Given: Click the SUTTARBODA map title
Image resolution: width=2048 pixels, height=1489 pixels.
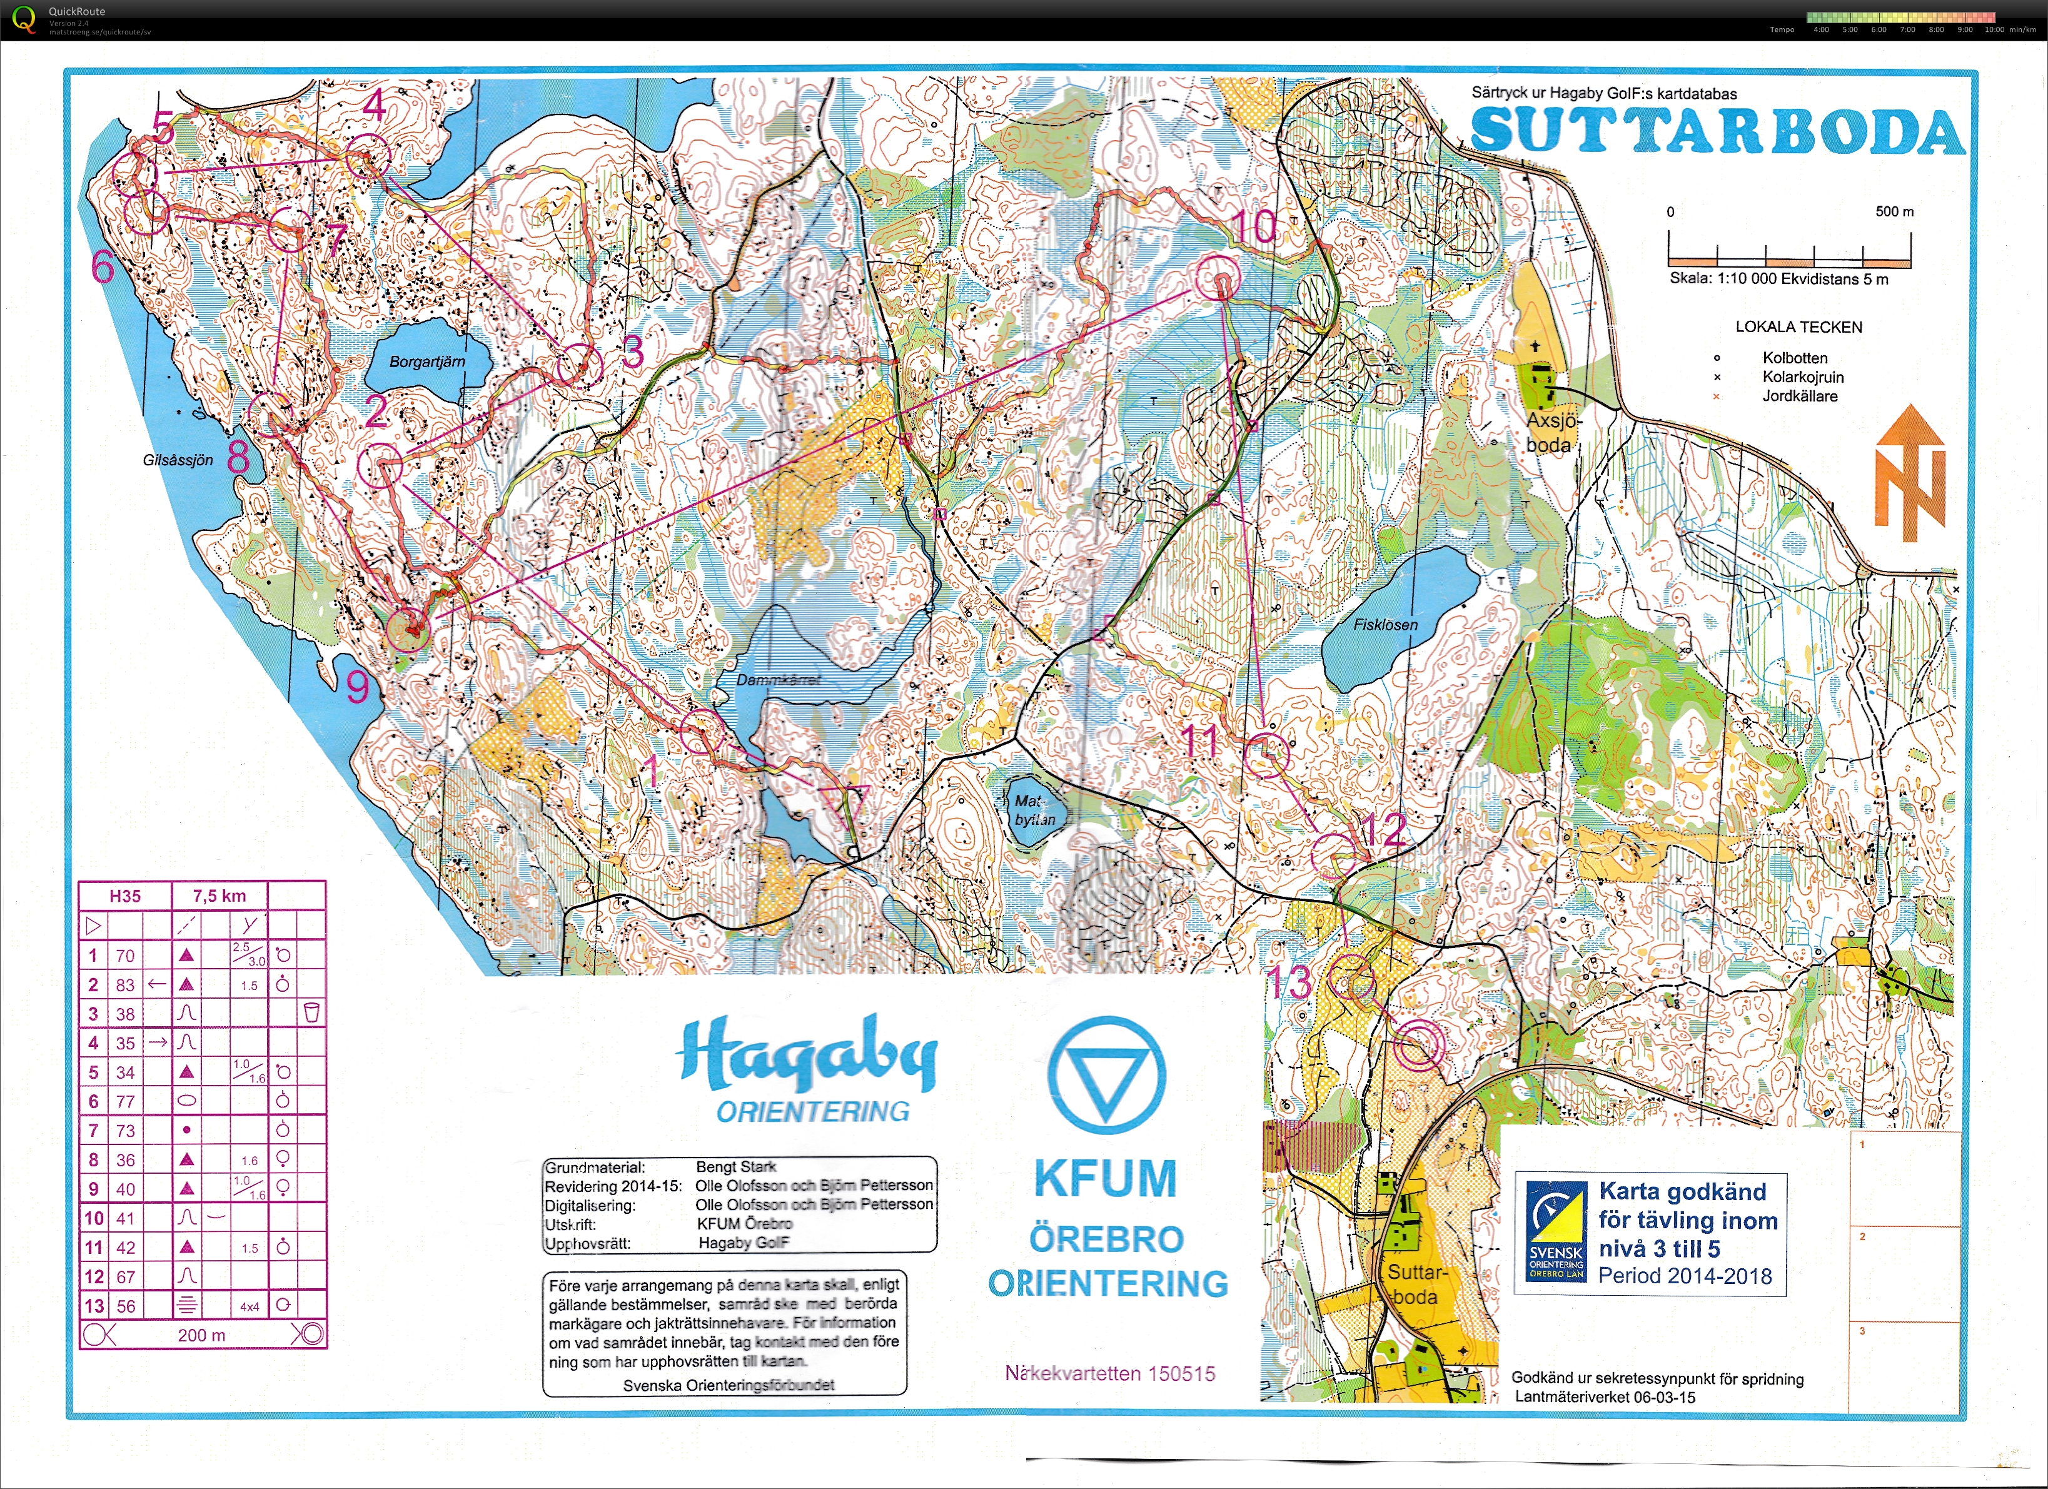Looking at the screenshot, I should pyautogui.click(x=1717, y=132).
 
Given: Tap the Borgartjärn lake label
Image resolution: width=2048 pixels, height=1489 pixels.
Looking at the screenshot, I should pyautogui.click(x=427, y=362).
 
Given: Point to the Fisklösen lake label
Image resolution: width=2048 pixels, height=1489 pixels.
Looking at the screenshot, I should pyautogui.click(x=1385, y=624).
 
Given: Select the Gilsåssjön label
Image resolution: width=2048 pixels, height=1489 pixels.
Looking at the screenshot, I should pyautogui.click(x=178, y=460).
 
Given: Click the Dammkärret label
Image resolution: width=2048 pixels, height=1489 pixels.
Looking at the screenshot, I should pyautogui.click(x=779, y=680).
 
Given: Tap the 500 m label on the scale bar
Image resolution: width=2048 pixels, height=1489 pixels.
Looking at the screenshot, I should pyautogui.click(x=1894, y=211).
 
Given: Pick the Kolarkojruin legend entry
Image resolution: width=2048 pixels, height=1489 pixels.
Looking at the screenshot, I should pyautogui.click(x=1802, y=376).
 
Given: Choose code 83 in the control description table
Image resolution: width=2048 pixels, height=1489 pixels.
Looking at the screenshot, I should pyautogui.click(x=124, y=984).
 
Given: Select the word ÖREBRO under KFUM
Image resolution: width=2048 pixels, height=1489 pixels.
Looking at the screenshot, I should pyautogui.click(x=1106, y=1239).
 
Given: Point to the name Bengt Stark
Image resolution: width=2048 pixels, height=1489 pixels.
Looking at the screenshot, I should pyautogui.click(x=736, y=1167).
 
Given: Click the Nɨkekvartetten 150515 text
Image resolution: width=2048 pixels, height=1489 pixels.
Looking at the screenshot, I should pyautogui.click(x=1110, y=1373).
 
